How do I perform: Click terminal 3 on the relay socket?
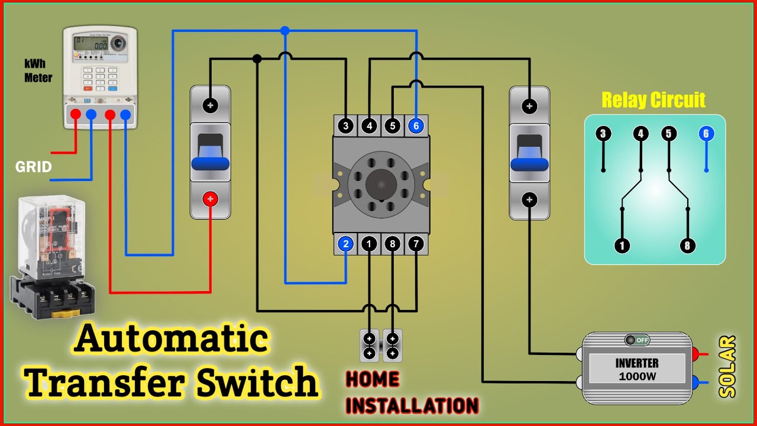click(x=346, y=125)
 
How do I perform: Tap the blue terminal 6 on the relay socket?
click(x=416, y=125)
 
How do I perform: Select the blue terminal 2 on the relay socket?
click(x=346, y=243)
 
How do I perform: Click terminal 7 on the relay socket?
click(x=416, y=243)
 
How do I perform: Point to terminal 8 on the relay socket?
click(x=393, y=243)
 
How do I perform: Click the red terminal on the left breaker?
click(x=211, y=199)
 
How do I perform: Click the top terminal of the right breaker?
click(x=529, y=106)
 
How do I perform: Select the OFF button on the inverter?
click(x=637, y=340)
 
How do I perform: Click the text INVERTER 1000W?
click(x=637, y=369)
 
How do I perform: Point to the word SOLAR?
click(x=728, y=367)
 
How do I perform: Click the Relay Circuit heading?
click(x=654, y=100)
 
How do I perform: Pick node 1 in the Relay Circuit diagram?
click(x=622, y=245)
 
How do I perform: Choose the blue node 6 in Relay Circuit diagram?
click(x=706, y=134)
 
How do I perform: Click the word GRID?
click(x=34, y=167)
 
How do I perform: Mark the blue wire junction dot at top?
click(x=285, y=30)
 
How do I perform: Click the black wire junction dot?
click(x=257, y=59)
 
